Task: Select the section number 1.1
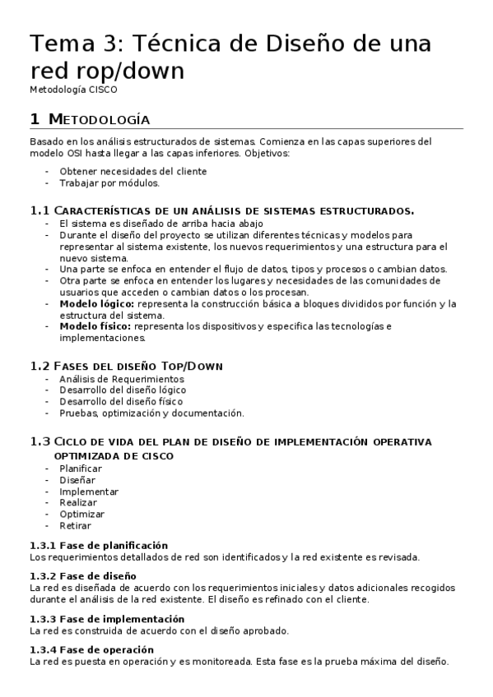[40, 210]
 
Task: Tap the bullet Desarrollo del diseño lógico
[123, 390]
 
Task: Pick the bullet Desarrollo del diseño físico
[120, 401]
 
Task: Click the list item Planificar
[81, 468]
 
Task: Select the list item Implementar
[89, 491]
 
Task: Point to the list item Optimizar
[82, 514]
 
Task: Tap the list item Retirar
[75, 525]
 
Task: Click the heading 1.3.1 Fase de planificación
[99, 545]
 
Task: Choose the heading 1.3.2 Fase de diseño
[82, 576]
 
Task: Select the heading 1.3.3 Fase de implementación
[106, 618]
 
